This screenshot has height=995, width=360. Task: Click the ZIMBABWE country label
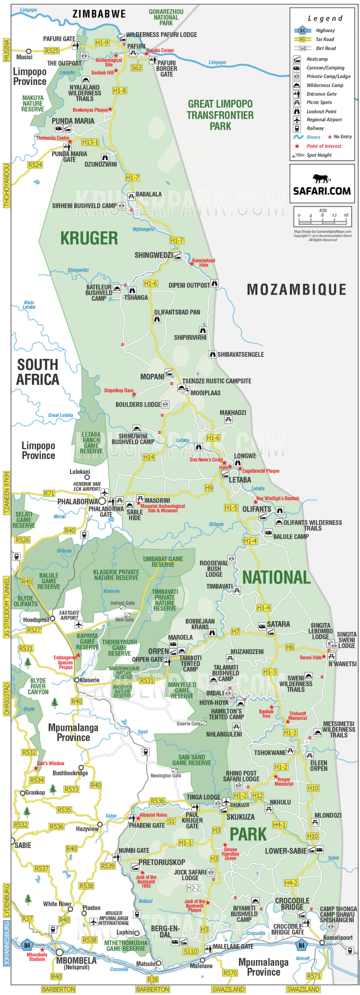pos(99,14)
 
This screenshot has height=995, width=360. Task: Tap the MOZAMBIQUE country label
pos(297,290)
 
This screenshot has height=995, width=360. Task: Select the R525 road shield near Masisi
pos(52,51)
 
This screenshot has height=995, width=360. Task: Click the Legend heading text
pos(325,18)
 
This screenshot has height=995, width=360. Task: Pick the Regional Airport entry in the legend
pos(324,120)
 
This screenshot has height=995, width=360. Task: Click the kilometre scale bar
pos(322,222)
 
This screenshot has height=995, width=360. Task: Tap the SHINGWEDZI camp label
pos(153,255)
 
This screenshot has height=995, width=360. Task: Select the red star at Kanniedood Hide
pos(192,264)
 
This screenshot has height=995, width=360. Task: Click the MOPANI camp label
pos(152,377)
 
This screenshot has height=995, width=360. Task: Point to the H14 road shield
pos(149,457)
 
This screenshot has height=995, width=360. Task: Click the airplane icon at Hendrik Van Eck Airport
pos(105,492)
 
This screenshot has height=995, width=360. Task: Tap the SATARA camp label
pos(278,624)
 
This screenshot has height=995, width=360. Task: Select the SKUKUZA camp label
pos(240,817)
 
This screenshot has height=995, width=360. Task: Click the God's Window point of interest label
pos(51,763)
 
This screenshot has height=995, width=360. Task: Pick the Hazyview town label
pos(87,829)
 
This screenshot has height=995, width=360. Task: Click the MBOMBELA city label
pos(76,960)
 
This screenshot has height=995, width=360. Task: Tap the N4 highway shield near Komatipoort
pos(301,945)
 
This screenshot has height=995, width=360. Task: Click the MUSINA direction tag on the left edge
pos(6,50)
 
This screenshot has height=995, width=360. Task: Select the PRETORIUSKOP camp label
pos(162,862)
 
